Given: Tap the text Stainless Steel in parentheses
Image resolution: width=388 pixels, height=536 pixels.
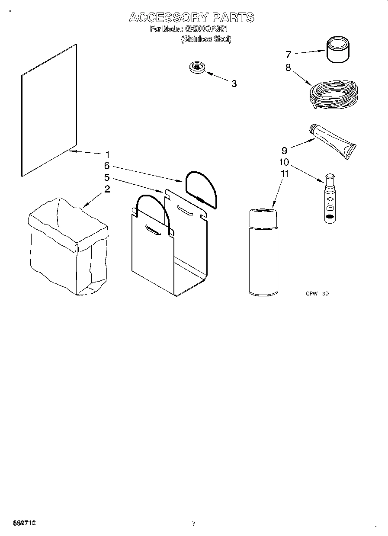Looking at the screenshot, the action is click(206, 39).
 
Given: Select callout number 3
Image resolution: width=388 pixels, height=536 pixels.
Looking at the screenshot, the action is click(234, 84).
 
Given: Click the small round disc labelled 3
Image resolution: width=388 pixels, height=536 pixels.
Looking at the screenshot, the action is click(197, 67).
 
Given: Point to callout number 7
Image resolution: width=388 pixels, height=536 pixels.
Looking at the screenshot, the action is click(288, 55).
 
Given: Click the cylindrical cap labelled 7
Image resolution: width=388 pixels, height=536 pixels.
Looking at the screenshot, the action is click(337, 50).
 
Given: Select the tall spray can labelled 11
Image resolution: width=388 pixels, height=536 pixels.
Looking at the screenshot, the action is click(263, 251).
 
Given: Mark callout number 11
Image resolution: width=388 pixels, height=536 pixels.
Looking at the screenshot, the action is click(284, 174).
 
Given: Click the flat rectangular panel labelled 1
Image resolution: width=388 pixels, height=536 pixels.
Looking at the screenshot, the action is click(49, 111).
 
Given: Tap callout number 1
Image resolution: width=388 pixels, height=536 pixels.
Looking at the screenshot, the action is click(107, 154).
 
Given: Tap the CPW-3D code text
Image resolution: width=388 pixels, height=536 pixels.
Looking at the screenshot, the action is click(317, 294).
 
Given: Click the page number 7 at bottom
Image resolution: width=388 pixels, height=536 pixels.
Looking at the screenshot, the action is click(194, 523).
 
